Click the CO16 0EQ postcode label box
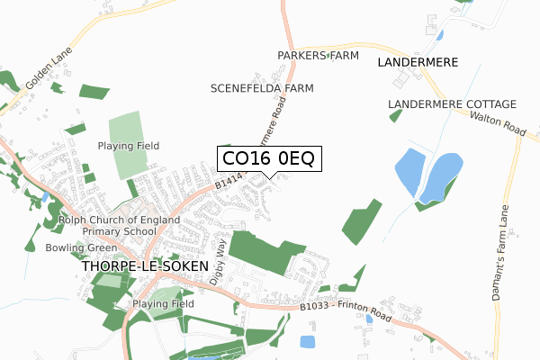[x=268, y=159]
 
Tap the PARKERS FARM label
[x=318, y=56]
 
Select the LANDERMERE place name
[x=418, y=62]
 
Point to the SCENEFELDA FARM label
[x=262, y=89]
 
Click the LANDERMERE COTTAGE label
[x=452, y=104]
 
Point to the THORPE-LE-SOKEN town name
[x=144, y=267]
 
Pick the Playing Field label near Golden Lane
[x=129, y=146]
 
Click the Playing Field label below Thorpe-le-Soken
[x=164, y=304]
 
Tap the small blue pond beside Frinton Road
[x=307, y=342]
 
